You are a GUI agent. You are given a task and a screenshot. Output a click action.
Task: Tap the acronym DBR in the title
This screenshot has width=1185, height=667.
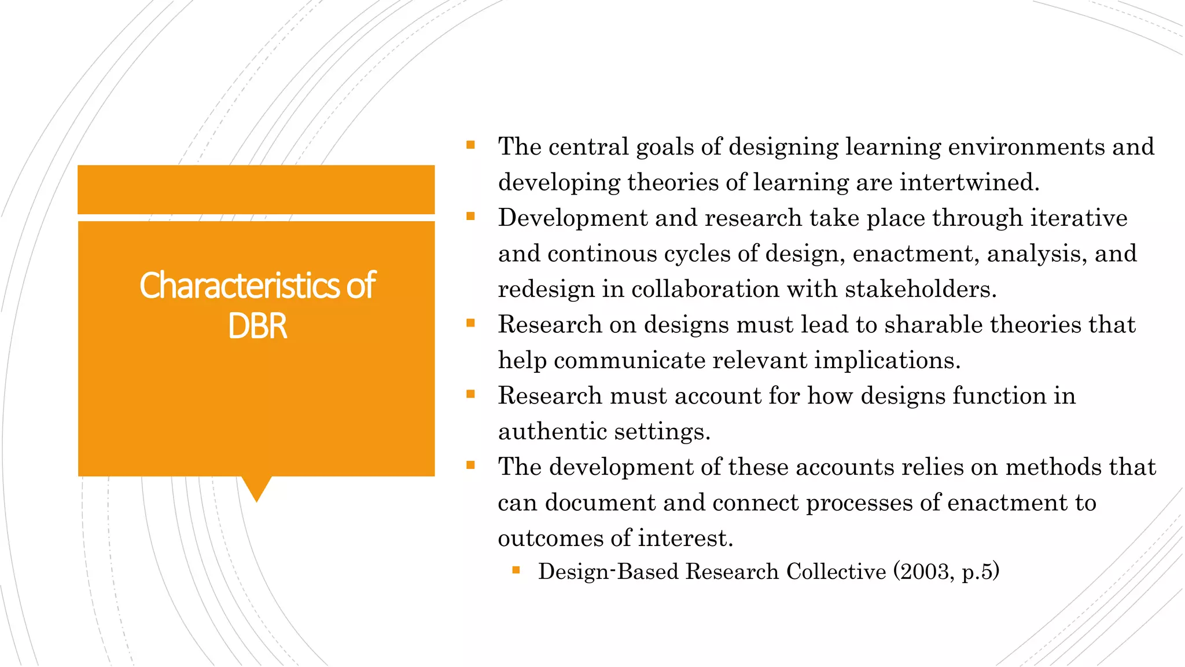pyautogui.click(x=257, y=326)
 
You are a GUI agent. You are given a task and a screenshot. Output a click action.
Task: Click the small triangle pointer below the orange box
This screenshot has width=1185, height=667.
pyautogui.click(x=256, y=488)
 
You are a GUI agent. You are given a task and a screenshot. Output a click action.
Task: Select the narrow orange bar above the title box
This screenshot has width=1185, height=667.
pyautogui.click(x=256, y=189)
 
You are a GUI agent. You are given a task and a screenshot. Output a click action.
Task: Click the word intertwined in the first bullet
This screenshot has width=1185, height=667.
pyautogui.click(x=969, y=182)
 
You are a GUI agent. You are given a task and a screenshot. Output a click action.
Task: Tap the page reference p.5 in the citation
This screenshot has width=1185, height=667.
pyautogui.click(x=977, y=572)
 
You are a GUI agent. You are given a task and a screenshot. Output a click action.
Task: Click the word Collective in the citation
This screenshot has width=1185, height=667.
pyautogui.click(x=836, y=571)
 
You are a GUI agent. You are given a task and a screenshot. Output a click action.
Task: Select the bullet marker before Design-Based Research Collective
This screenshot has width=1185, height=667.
pyautogui.click(x=516, y=571)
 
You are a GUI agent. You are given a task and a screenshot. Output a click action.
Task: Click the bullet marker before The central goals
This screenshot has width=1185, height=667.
pyautogui.click(x=470, y=145)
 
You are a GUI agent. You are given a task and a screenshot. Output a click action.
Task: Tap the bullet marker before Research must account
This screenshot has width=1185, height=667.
pyautogui.click(x=470, y=394)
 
